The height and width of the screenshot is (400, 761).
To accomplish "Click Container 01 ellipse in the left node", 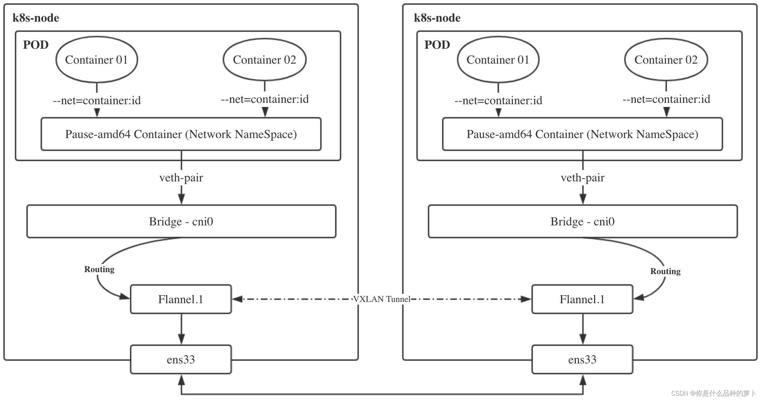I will pyautogui.click(x=96, y=60).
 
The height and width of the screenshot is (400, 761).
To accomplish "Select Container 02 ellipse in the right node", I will pyautogui.click(x=666, y=60).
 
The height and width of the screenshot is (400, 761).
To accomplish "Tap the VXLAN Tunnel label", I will pyautogui.click(x=382, y=299).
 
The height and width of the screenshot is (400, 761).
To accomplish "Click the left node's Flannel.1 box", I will pyautogui.click(x=181, y=299).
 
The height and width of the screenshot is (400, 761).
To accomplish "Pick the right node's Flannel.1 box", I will pyautogui.click(x=582, y=299).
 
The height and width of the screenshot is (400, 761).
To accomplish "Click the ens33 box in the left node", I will pyautogui.click(x=181, y=359).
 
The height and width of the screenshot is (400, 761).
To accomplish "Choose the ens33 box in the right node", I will pyautogui.click(x=582, y=359).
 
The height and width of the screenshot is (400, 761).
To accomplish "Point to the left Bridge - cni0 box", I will pyautogui.click(x=181, y=221).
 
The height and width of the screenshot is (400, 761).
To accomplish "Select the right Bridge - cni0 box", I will pyautogui.click(x=582, y=221).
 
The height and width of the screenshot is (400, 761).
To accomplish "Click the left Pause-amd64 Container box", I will pyautogui.click(x=181, y=134).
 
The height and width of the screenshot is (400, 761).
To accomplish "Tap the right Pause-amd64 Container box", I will pyautogui.click(x=582, y=134).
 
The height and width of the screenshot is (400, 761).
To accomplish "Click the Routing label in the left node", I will pyautogui.click(x=99, y=269).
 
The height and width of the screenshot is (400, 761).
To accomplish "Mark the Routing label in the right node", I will pyautogui.click(x=665, y=271).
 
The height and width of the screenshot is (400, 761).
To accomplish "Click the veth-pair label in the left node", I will pyautogui.click(x=181, y=178).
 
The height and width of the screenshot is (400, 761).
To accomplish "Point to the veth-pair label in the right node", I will pyautogui.click(x=583, y=178).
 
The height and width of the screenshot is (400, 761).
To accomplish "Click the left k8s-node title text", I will pyautogui.click(x=36, y=18).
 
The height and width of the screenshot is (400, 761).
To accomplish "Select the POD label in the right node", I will pyautogui.click(x=437, y=45).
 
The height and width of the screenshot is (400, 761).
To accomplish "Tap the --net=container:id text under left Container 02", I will pyautogui.click(x=265, y=99).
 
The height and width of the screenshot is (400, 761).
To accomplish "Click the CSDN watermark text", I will pyautogui.click(x=713, y=393).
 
